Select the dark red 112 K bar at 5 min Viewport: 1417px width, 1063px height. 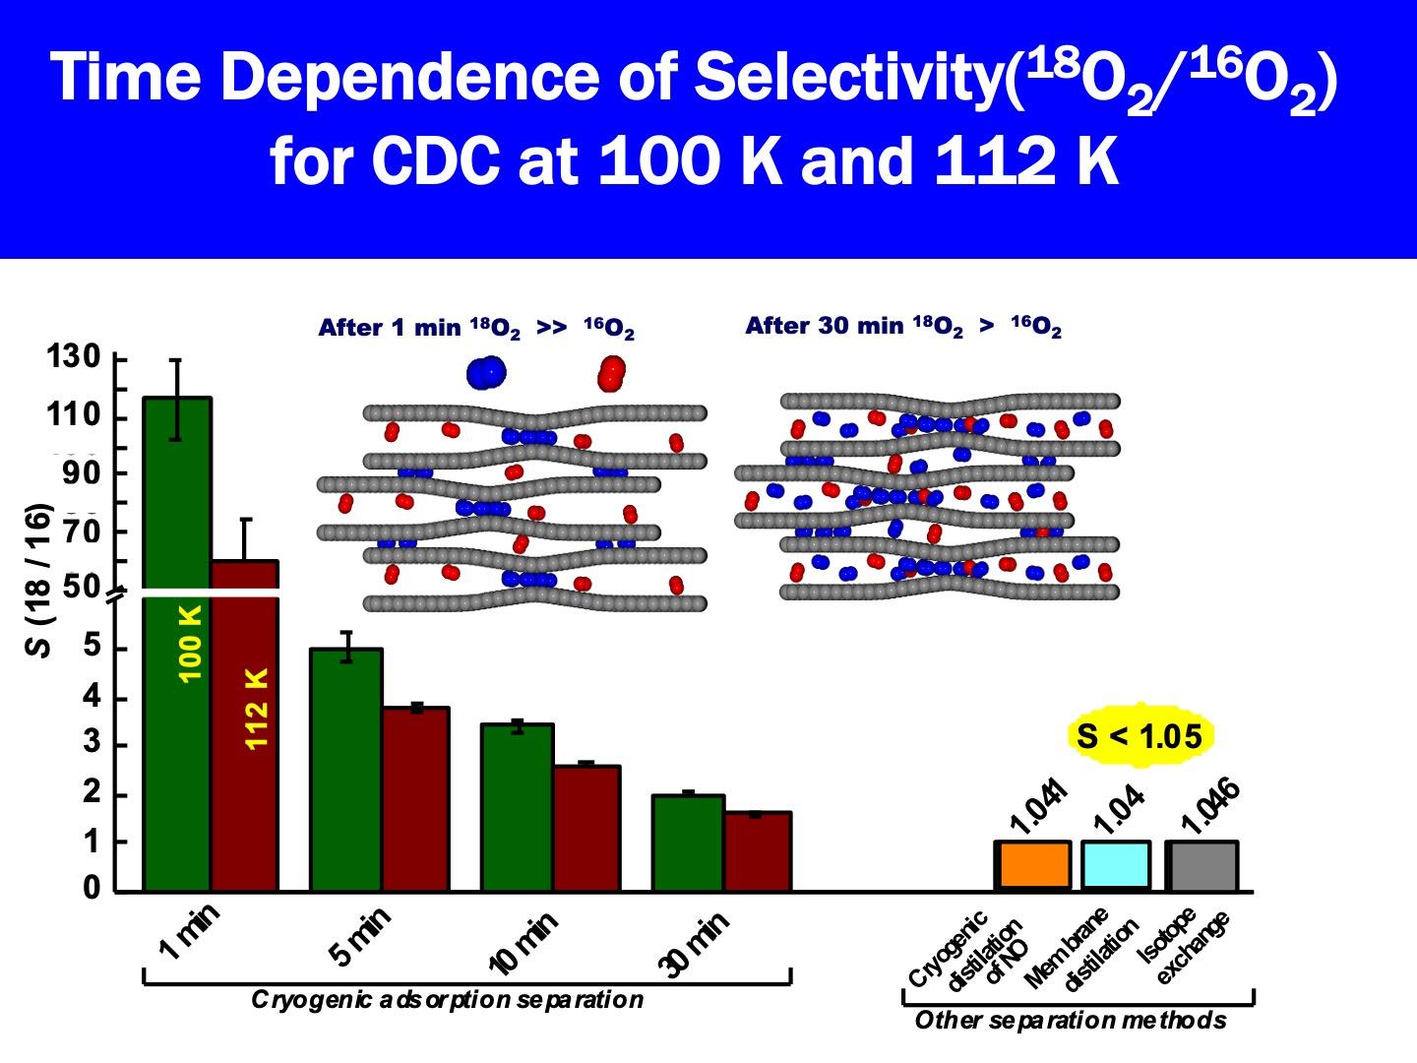[416, 797]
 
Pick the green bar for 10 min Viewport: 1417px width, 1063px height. [518, 807]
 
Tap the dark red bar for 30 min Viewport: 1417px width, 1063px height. [758, 851]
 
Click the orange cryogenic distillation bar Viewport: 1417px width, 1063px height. [1032, 865]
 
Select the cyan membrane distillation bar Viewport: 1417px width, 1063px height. [1116, 865]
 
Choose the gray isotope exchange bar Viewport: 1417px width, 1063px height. [1201, 865]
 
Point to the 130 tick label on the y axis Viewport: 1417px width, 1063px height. [74, 356]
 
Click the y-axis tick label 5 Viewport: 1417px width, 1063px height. [92, 647]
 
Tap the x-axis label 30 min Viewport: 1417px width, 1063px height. [697, 943]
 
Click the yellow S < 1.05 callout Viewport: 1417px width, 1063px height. [1140, 735]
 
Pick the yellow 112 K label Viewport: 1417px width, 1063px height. [257, 709]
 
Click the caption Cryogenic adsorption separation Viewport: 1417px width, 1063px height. [448, 1001]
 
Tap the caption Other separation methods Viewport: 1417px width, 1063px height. [1071, 1021]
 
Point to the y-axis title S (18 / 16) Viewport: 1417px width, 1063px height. [38, 581]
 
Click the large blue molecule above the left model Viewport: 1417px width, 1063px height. [485, 372]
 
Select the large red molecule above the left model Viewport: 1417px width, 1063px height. [611, 373]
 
